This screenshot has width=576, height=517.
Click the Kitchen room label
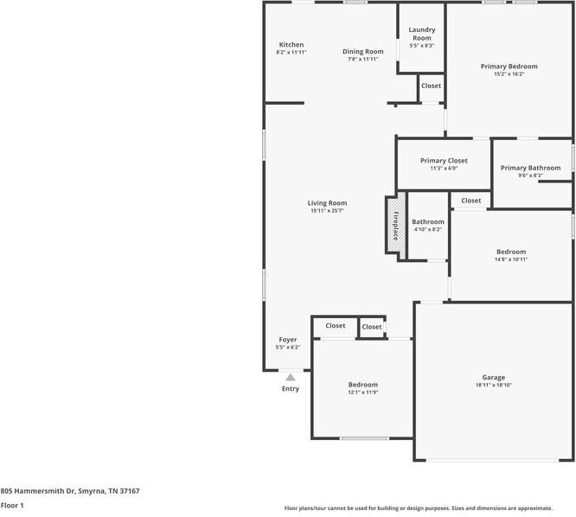coord(291,45)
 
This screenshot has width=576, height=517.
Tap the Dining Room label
coord(362,52)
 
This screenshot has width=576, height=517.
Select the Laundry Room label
coord(421,34)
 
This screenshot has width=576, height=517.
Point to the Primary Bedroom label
coord(509,67)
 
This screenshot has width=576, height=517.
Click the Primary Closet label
coord(444,161)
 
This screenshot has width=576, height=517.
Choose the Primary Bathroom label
coord(530,168)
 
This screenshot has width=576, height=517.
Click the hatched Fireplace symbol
coord(395,226)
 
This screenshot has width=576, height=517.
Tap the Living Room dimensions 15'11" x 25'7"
coord(327,211)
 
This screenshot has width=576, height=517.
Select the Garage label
coord(493,378)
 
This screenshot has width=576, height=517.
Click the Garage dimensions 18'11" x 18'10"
coord(493,385)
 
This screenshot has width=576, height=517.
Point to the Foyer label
coord(288,340)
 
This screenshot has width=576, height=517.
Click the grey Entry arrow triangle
coord(291,377)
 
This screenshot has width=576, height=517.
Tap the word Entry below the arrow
coord(291,389)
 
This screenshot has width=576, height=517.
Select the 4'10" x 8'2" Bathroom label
coord(427,222)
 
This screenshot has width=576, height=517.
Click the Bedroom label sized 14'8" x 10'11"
coord(510,252)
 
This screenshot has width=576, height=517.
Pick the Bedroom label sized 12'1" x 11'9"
coord(362,385)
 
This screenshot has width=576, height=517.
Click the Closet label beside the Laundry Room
coord(431,86)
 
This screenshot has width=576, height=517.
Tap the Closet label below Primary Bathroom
coord(470,201)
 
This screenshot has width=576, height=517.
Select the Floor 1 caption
coord(12,505)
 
